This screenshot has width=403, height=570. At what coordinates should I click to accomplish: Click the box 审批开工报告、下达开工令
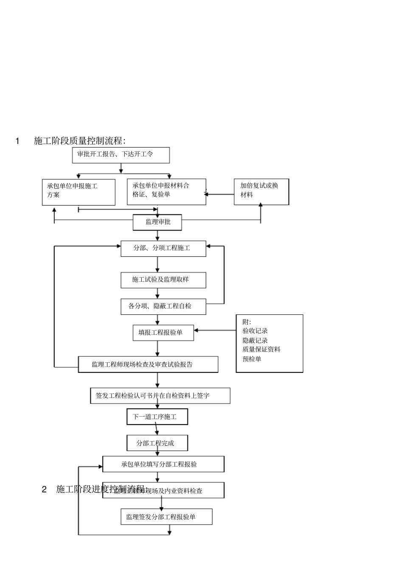pos(121,155)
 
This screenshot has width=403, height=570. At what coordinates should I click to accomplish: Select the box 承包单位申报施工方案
pos(78,192)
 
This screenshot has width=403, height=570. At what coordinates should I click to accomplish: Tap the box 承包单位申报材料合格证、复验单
pos(166,192)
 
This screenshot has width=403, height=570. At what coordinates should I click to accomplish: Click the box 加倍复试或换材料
pos(261,192)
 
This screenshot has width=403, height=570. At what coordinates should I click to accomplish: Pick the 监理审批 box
pos(157,222)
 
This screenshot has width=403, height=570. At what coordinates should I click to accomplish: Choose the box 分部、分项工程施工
pos(163,248)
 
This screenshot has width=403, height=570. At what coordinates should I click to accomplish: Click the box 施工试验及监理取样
pos(163,280)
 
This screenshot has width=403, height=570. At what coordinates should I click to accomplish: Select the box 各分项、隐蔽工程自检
pos(163,306)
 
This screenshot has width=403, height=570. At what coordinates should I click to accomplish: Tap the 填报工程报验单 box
pos(163,333)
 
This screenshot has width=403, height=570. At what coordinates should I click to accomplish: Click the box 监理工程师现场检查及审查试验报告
pos(148,364)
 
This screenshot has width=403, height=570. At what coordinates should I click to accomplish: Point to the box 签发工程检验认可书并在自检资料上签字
pos(160,396)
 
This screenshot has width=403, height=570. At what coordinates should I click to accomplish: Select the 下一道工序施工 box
pos(157,417)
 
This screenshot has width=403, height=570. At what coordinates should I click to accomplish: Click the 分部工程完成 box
pos(157,443)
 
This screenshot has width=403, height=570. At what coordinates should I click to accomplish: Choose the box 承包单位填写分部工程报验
pos(163,464)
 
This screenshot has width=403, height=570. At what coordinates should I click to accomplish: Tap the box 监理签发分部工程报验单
pos(166,517)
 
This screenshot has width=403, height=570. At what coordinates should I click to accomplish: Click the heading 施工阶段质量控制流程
pos(79,141)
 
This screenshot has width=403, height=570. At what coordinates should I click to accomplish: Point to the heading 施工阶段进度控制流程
pos(101,489)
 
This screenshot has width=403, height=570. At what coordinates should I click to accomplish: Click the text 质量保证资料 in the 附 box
pos(261,350)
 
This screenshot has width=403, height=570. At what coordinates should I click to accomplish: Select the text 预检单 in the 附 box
pos(252,359)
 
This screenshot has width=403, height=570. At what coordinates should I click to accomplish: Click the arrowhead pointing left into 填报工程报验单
pos(197,331)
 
